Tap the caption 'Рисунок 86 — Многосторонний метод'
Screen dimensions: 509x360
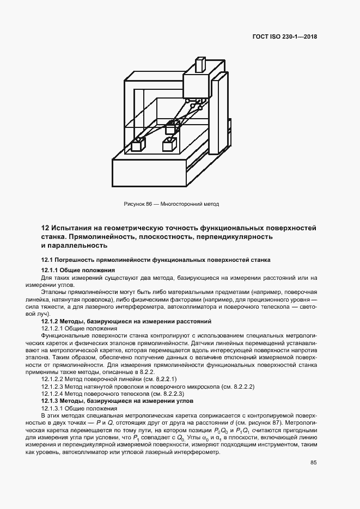point(172,204)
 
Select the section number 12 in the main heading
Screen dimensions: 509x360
point(46,227)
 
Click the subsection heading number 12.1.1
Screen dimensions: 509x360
point(51,271)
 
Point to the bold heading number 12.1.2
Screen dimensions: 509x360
point(51,322)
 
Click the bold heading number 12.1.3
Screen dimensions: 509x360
point(51,401)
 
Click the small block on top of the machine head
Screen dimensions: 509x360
point(198,66)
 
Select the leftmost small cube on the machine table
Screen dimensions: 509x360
point(138,146)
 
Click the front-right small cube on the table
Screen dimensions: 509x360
point(169,145)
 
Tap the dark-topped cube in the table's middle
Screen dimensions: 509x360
point(173,128)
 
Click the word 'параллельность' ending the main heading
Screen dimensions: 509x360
point(72,246)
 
